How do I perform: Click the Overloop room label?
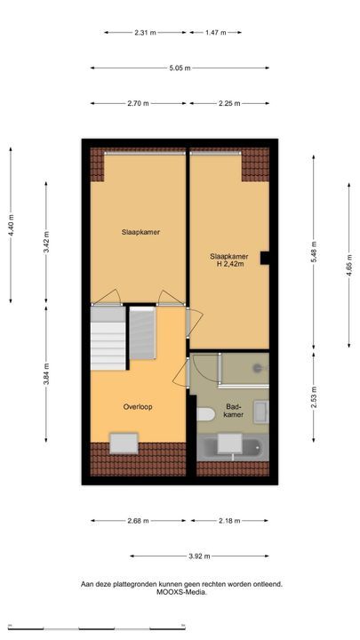(x=138, y=407)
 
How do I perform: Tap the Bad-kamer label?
(x=235, y=411)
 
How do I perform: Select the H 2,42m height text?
(x=230, y=264)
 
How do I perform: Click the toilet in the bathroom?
(x=205, y=414)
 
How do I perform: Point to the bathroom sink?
(x=260, y=412)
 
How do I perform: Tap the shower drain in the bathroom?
(x=258, y=368)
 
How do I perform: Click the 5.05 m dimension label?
(x=180, y=68)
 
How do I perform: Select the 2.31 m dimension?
(x=145, y=33)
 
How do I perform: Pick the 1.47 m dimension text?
(x=215, y=33)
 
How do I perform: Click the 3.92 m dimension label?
(x=200, y=556)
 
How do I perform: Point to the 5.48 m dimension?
(x=314, y=252)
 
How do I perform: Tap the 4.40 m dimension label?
(x=11, y=225)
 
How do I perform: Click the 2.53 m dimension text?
(x=314, y=396)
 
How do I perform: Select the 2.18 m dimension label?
(x=229, y=520)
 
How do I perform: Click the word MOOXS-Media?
(x=181, y=592)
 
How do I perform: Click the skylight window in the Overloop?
(x=124, y=444)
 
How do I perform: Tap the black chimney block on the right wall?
(x=265, y=258)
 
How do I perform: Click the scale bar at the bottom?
(x=97, y=628)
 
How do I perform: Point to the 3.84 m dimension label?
(x=45, y=374)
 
